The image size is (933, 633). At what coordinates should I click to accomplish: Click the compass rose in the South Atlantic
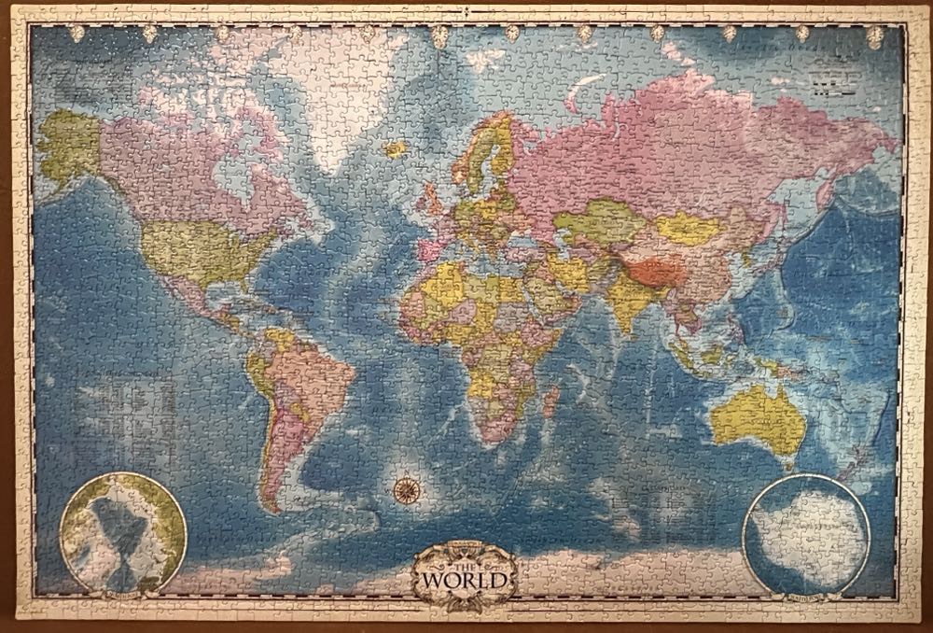point(405,485)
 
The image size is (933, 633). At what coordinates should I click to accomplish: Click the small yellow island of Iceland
point(397,148)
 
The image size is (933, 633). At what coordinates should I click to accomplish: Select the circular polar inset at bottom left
point(123,533)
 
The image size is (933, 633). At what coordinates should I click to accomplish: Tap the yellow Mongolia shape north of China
point(688,226)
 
